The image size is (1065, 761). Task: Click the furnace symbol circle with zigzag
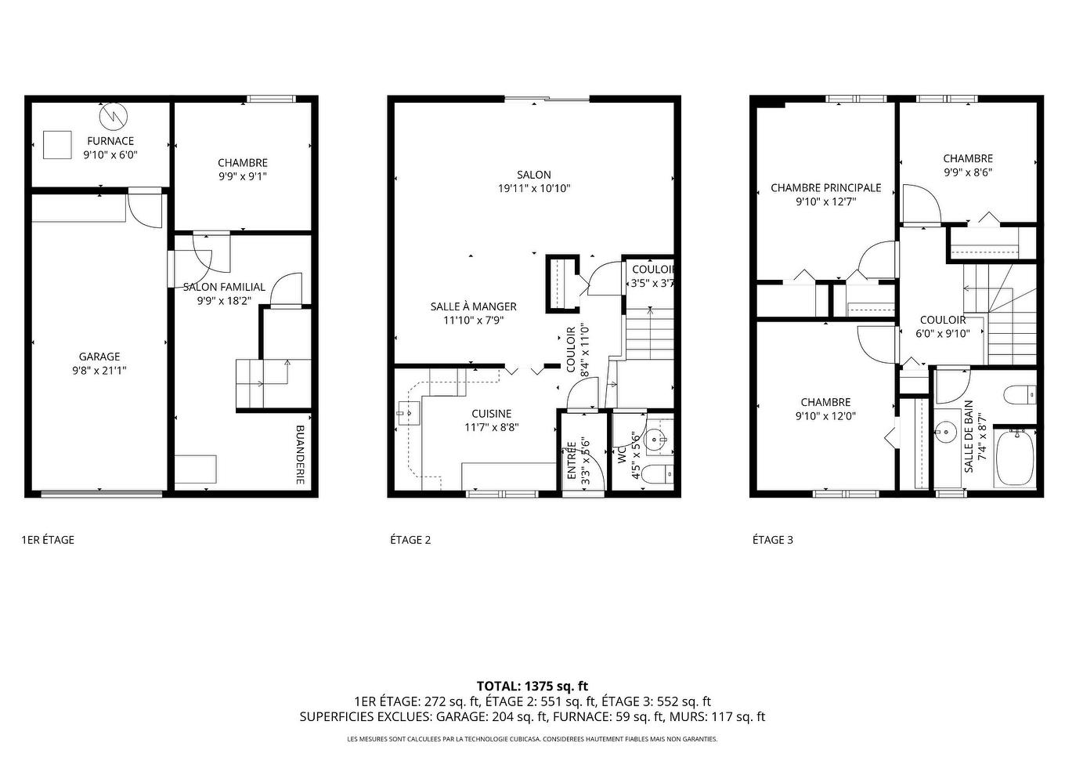pos(111,118)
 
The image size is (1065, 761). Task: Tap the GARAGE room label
pos(99,357)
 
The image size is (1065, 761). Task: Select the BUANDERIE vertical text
pos(300,454)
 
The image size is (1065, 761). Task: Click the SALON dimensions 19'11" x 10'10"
pos(533,188)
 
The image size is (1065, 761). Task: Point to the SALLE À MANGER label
pos(473,306)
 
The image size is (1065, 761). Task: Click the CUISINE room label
pos(491,414)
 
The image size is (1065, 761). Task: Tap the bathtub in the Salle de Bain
pos(1014,458)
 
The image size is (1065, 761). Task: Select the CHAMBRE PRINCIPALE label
pos(825,187)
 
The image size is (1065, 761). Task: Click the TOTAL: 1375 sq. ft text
pos(532,687)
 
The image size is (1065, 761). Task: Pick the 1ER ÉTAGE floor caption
pos(48,539)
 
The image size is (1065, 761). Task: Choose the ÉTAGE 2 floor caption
pos(410,539)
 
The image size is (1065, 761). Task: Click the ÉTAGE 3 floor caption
pos(772,539)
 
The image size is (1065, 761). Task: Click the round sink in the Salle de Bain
pos(946,432)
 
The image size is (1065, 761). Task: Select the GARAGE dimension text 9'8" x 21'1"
pos(99,371)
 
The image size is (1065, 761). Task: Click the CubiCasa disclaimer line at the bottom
pos(532,739)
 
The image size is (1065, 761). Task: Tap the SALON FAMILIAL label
pos(224,287)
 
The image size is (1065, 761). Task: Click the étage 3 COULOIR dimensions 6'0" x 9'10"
pos(943,333)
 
